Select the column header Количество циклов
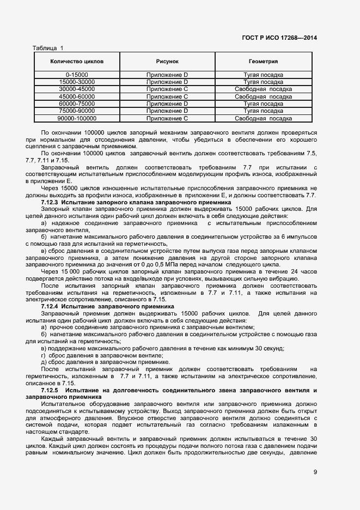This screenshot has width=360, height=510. (77, 62)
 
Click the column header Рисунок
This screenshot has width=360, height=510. (167, 62)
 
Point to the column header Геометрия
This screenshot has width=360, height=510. (263, 62)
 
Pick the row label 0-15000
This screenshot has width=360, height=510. (77, 74)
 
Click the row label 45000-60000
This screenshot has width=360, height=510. (77, 96)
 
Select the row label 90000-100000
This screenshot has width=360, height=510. (77, 118)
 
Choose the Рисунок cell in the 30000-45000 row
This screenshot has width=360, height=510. (167, 89)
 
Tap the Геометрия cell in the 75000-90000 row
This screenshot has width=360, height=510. (263, 111)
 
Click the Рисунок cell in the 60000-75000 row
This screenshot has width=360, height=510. (167, 104)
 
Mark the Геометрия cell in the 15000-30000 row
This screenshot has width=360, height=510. (263, 82)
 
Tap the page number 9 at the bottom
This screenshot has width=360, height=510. (315, 472)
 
